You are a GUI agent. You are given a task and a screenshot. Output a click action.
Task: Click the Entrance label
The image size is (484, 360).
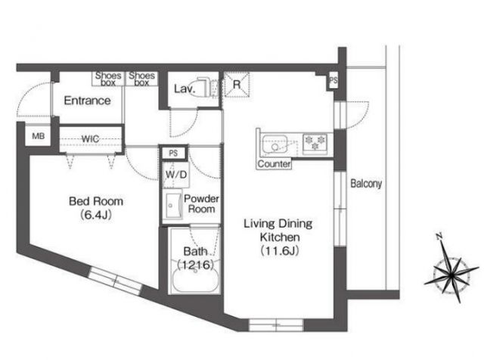(88, 101)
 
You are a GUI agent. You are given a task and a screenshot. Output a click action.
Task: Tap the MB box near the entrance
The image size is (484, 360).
(39, 136)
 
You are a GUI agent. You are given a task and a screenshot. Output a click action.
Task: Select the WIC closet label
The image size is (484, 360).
(90, 139)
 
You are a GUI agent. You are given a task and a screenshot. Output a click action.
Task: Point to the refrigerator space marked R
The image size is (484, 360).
(237, 84)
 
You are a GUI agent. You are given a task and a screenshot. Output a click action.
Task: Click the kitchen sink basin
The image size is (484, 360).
(275, 144)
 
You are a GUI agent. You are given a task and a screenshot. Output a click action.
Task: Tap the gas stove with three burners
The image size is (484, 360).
(315, 144)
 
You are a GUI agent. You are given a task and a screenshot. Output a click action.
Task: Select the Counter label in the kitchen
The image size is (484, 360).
(274, 163)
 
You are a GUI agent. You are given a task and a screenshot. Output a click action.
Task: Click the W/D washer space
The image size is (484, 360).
(176, 175)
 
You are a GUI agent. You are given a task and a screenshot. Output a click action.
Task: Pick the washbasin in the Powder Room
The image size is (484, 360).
(172, 206)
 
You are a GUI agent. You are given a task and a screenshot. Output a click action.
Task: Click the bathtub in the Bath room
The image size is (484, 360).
(195, 279)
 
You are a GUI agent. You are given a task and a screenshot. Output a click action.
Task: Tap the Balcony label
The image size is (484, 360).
(366, 184)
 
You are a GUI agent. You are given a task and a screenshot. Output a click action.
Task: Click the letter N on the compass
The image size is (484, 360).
(439, 237)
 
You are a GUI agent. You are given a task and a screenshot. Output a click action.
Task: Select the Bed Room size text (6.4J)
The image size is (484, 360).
(96, 215)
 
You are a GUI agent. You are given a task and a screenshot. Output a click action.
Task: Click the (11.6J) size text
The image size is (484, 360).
(280, 250)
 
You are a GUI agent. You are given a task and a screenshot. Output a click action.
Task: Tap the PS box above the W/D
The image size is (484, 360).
(173, 153)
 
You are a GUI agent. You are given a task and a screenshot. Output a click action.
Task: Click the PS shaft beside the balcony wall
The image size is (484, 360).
(333, 81)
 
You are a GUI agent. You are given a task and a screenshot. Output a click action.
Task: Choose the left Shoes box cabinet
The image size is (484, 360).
(108, 79)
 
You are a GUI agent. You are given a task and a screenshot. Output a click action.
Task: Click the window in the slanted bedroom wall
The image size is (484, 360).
(116, 281)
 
